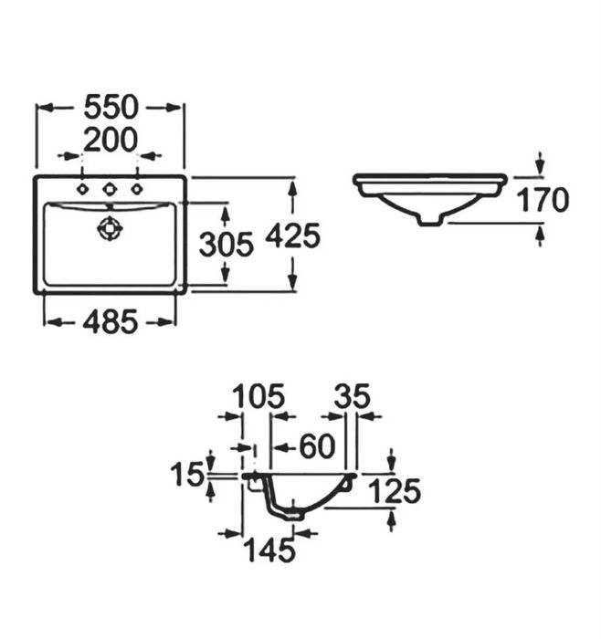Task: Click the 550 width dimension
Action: point(111,107)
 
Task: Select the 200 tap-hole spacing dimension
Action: point(111,140)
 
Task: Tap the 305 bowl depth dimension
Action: point(227,245)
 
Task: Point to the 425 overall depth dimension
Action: point(293,236)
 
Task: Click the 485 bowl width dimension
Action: point(111,321)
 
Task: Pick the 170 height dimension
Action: point(543,200)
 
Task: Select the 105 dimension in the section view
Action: point(258,396)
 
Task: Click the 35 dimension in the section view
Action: point(353,396)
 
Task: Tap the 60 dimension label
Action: point(317,446)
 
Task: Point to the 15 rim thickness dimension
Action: point(186,475)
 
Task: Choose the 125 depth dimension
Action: point(395,491)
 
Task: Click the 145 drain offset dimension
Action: point(269,550)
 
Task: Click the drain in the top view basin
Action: point(110,228)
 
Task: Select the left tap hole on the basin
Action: point(83,189)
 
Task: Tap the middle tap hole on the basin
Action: point(110,189)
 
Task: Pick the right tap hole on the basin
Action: point(137,189)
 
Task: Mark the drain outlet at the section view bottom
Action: point(295,516)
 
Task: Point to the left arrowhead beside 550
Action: point(46,108)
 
